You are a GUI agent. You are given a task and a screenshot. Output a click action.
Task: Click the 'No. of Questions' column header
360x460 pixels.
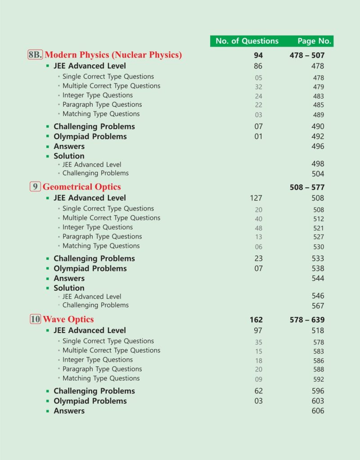coord(247,41)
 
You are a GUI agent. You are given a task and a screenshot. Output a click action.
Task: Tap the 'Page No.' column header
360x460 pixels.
coord(314,41)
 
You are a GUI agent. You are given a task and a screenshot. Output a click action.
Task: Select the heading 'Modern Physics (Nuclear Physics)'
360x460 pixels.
coord(113,55)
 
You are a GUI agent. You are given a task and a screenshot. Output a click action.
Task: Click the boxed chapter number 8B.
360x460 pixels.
coord(35,55)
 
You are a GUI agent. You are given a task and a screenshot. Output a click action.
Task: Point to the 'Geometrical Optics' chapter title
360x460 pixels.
coord(81,187)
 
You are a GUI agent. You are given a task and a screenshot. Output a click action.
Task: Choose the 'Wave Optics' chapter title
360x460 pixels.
coord(68,319)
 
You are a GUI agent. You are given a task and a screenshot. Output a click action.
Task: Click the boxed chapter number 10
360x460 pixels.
coord(35,319)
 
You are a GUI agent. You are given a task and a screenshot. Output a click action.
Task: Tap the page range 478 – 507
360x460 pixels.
coord(307,55)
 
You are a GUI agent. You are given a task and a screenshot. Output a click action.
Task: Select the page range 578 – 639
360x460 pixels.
coord(307,320)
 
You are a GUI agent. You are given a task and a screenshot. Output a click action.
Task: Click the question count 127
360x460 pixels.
coord(256,198)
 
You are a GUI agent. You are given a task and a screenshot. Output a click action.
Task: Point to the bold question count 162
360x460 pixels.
coord(256,320)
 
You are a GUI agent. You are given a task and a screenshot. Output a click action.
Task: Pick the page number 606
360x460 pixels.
coord(318,411)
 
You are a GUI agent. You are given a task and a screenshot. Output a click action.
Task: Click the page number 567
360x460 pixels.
coord(318,306)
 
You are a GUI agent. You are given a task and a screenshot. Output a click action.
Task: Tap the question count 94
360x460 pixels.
coord(258,55)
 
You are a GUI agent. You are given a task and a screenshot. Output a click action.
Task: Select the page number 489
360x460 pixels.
coord(318,115)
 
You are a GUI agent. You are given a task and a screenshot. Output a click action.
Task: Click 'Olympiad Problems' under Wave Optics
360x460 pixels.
coord(90,401)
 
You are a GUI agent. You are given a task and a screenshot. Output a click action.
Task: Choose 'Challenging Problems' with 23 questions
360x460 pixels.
coord(94,258)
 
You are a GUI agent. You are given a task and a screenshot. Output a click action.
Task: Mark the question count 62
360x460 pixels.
coord(258,391)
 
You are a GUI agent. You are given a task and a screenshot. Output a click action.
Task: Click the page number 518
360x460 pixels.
coord(318,330)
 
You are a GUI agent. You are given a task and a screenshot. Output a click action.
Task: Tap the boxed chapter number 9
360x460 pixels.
coord(35,187)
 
